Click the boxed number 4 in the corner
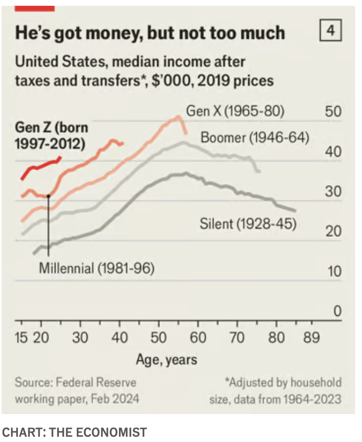pos(330,31)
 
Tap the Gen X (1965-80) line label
pos(235,112)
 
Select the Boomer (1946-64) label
pos(255,138)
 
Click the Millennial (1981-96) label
pos(97,268)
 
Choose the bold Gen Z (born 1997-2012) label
pos(52,135)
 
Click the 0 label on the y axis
pos(337,312)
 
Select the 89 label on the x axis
pos(311,337)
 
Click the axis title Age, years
pos(166,360)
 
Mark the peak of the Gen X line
pos(178,117)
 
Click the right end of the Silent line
pos(296,211)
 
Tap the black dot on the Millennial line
pos(48,196)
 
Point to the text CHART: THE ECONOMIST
pos(74,433)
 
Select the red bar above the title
pos(35,7)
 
